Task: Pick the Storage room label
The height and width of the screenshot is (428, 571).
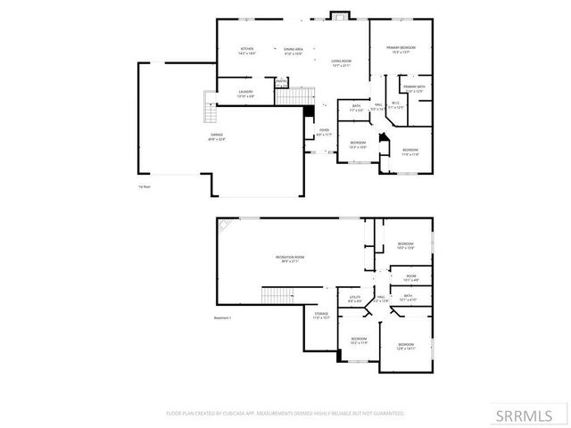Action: [321, 315]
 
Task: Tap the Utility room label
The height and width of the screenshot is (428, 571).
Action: [355, 299]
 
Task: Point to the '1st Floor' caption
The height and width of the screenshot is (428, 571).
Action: [144, 187]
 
